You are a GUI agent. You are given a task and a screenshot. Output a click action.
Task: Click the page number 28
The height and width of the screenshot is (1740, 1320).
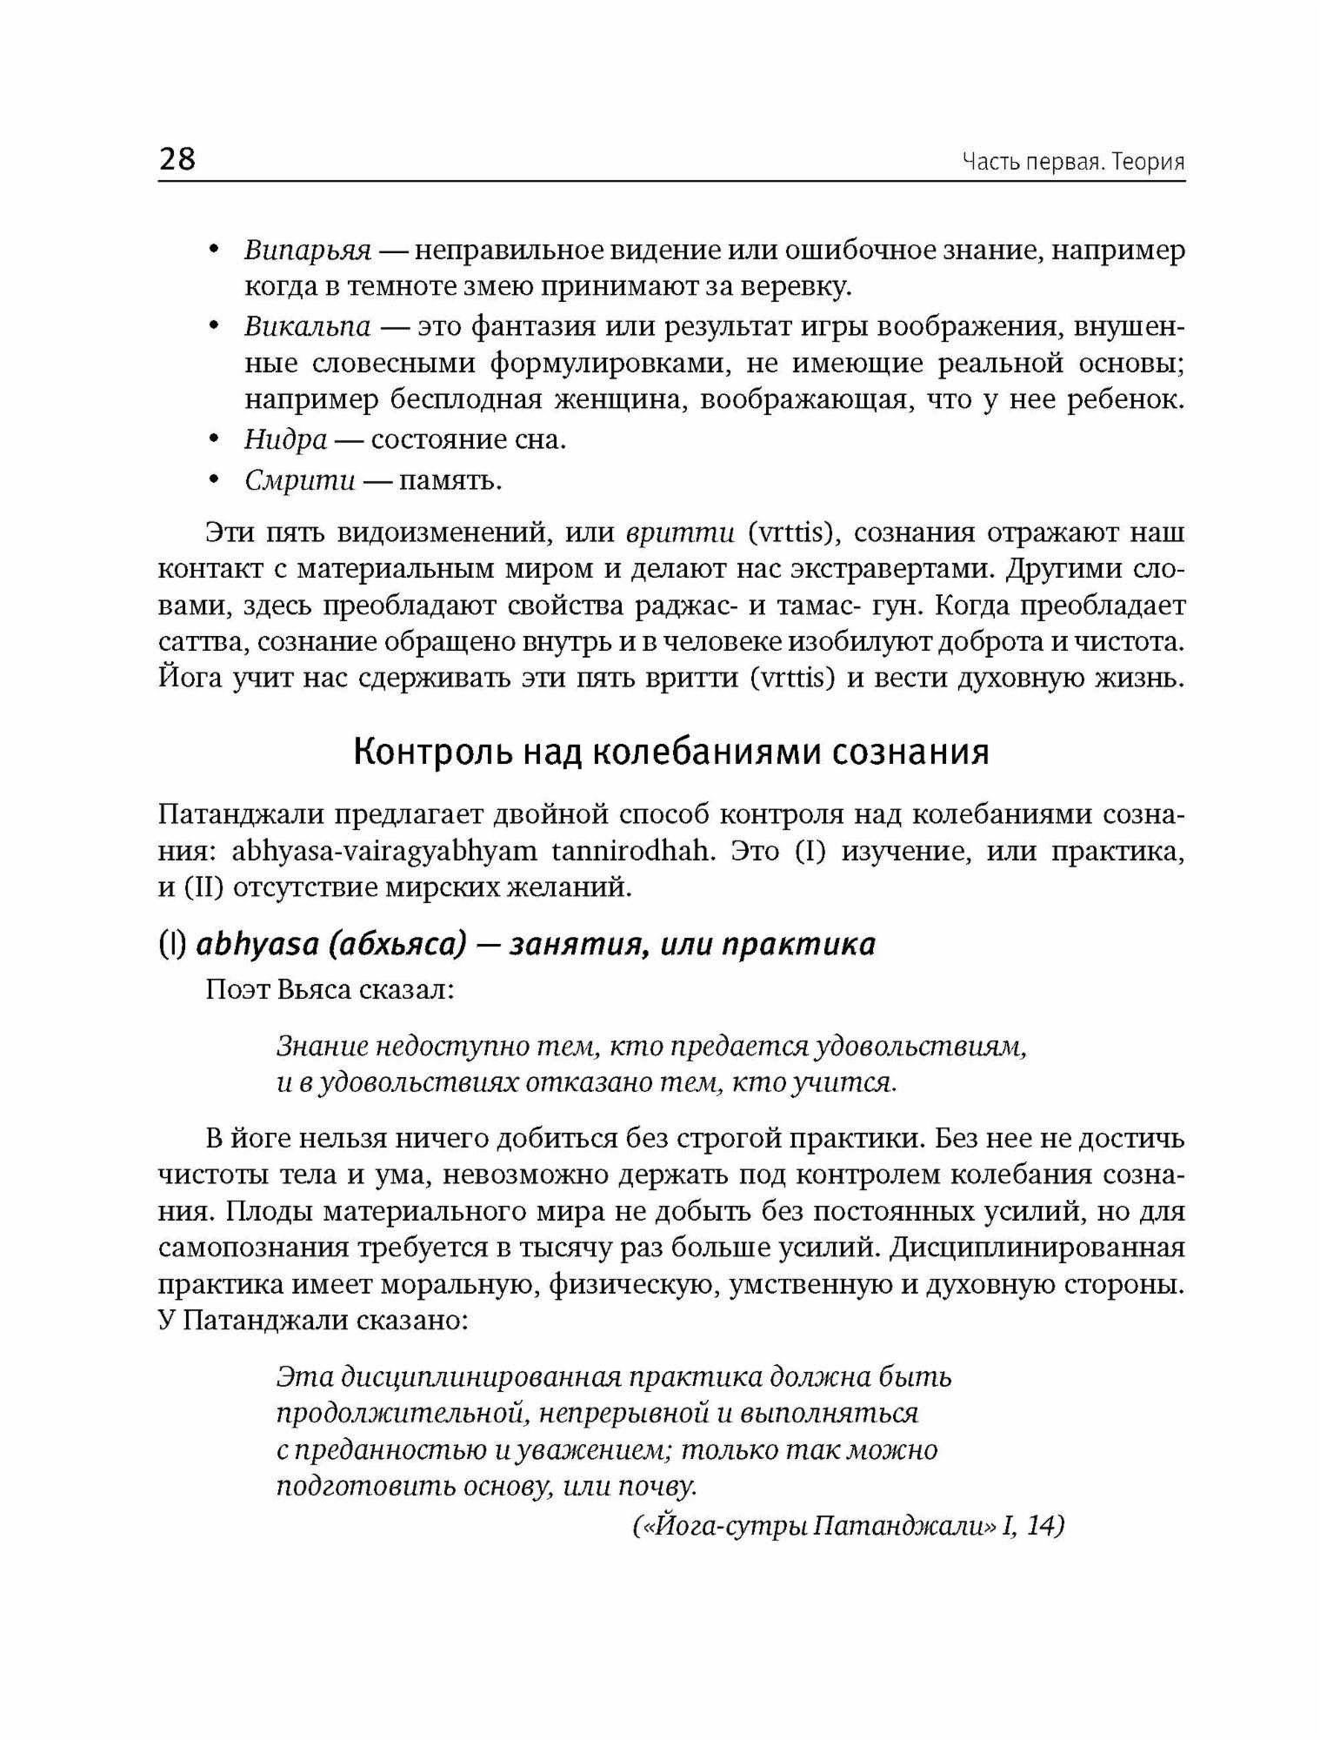coord(177,160)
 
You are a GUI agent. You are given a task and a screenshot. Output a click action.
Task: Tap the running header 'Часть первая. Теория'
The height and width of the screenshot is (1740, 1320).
coord(1073,163)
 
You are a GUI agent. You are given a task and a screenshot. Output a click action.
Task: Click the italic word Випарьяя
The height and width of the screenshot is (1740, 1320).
coord(308,251)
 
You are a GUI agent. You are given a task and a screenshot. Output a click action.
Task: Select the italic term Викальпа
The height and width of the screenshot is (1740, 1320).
coord(308,326)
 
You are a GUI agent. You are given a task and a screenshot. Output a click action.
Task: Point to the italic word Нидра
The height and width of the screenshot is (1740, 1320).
coord(285,439)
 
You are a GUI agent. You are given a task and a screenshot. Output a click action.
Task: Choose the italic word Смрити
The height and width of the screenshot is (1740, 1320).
coord(300,480)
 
